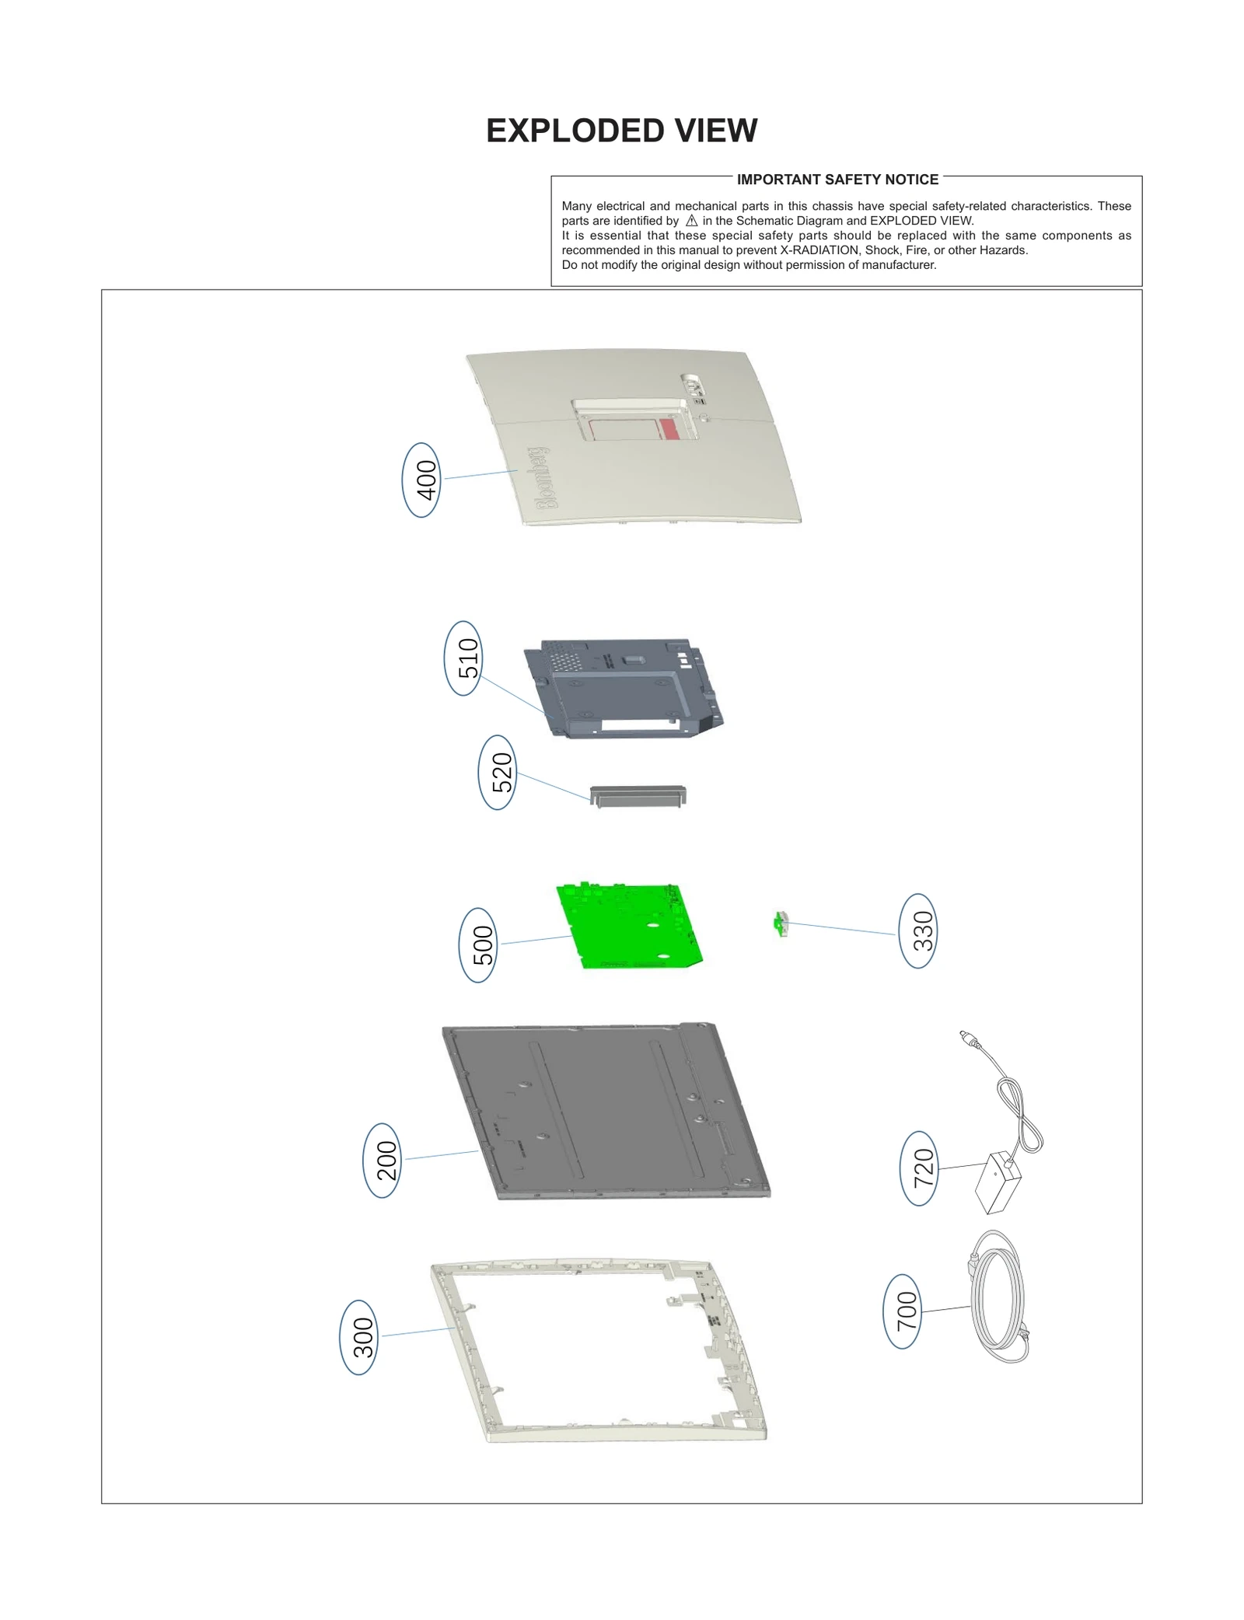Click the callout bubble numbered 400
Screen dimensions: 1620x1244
pyautogui.click(x=421, y=480)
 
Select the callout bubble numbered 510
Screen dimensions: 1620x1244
pyautogui.click(x=463, y=658)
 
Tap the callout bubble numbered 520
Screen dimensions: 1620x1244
pyautogui.click(x=498, y=773)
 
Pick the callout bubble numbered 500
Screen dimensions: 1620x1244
pyautogui.click(x=478, y=944)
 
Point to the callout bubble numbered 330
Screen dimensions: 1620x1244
pyautogui.click(x=918, y=930)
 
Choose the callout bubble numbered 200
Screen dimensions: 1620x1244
pyautogui.click(x=383, y=1160)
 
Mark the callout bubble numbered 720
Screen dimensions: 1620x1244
pyautogui.click(x=919, y=1168)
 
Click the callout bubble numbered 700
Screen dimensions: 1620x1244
pyautogui.click(x=903, y=1311)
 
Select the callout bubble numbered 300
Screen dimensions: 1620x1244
pyautogui.click(x=359, y=1337)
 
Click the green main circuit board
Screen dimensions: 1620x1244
pyautogui.click(x=630, y=927)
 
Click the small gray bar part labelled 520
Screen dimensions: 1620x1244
pyautogui.click(x=638, y=796)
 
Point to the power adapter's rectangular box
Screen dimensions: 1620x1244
pyautogui.click(x=998, y=1184)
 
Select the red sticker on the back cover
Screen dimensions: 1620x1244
pyautogui.click(x=669, y=428)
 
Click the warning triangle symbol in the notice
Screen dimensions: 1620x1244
pyautogui.click(x=691, y=221)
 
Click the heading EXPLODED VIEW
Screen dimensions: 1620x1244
pyautogui.click(x=621, y=131)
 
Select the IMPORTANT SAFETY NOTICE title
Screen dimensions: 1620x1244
pyautogui.click(x=837, y=180)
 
